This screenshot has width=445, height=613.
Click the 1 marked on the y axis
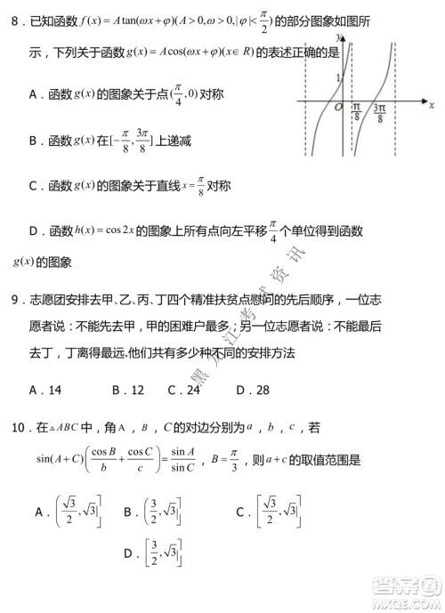point(337,78)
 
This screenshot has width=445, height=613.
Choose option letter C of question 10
point(240,512)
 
